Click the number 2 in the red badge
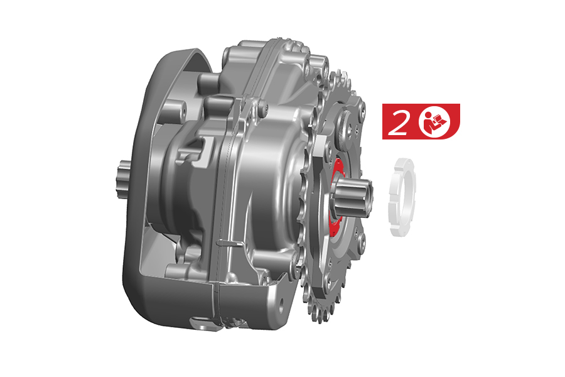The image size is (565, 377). (x=398, y=123)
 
